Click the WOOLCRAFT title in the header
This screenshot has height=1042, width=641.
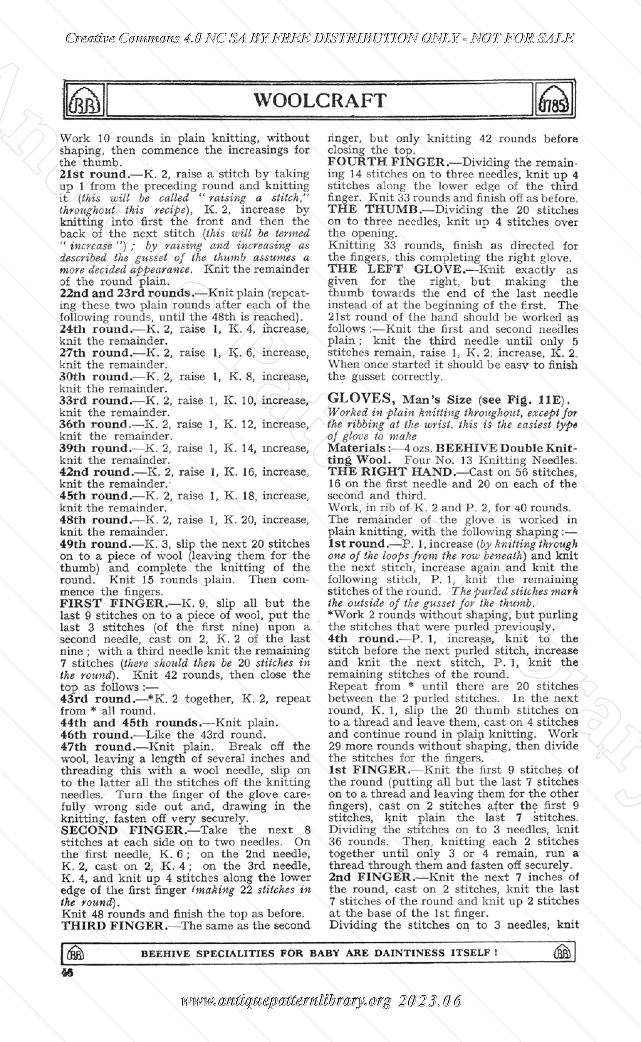pos(320,100)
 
